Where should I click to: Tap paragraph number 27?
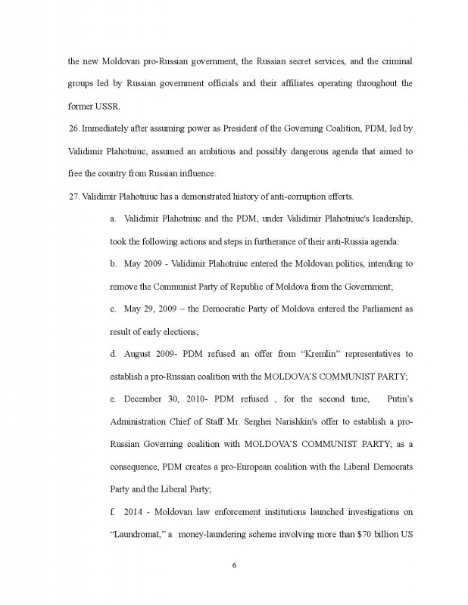(74, 197)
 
